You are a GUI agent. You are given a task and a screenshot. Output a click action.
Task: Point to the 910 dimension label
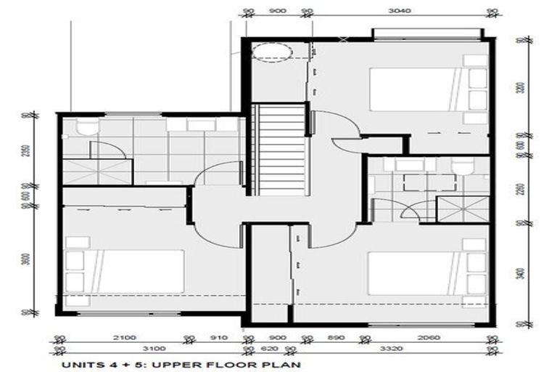[218, 337]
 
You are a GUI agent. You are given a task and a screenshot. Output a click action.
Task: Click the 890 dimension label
[335, 337]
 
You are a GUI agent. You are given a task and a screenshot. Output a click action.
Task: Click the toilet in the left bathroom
[87, 128]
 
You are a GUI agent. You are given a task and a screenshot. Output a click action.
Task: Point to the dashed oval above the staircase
[278, 52]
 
